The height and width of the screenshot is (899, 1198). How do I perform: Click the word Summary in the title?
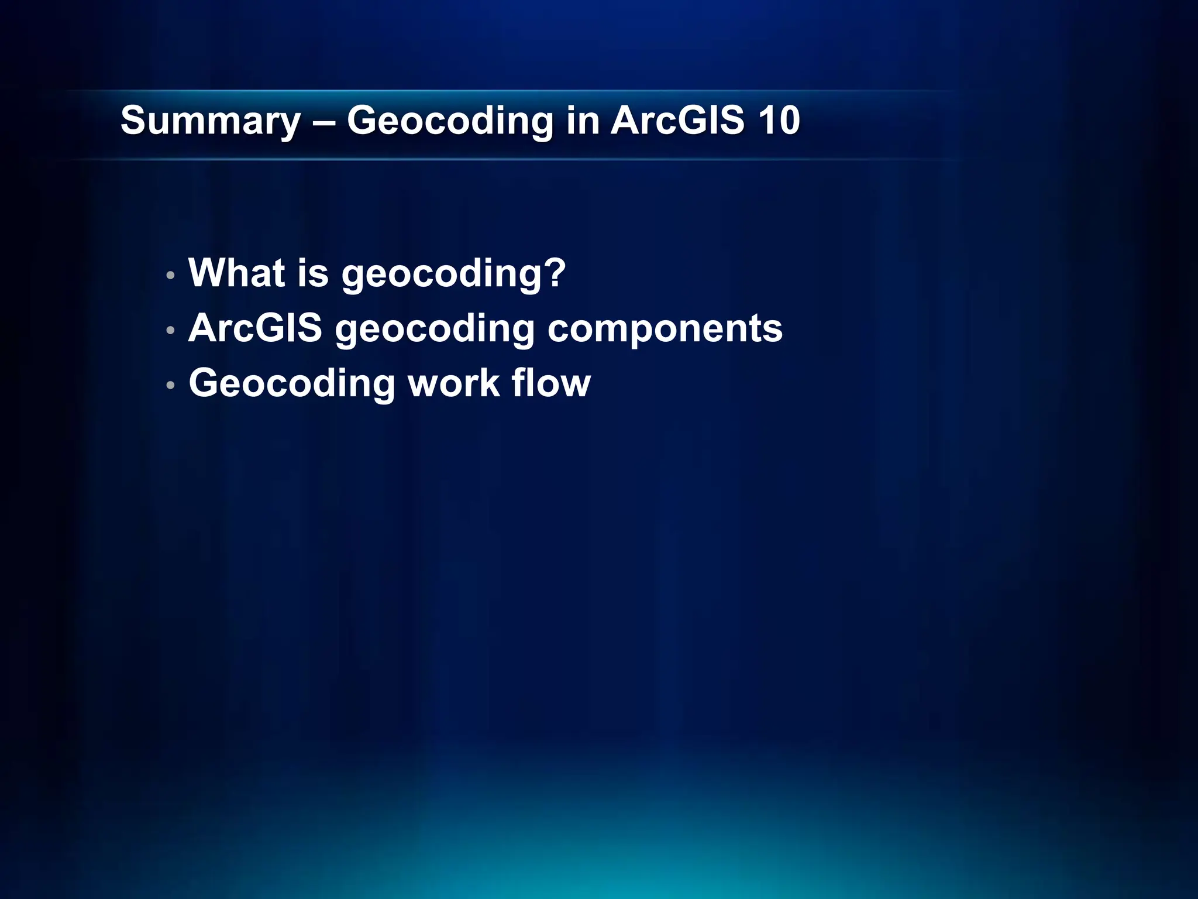[x=210, y=121]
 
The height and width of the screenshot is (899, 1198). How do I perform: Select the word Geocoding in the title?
[x=450, y=121]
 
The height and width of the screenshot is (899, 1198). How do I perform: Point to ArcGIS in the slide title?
[x=677, y=121]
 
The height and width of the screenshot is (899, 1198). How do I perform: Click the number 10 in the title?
[x=779, y=121]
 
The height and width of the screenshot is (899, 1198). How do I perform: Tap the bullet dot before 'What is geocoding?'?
[x=170, y=275]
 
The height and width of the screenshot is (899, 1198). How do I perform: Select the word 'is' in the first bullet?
[x=313, y=273]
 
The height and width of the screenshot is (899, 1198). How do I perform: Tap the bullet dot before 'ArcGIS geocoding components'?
[x=170, y=331]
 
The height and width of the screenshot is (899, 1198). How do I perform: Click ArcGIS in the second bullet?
[x=255, y=328]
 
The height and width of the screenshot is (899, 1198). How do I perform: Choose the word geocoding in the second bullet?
[x=435, y=330]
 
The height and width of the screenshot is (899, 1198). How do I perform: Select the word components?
[x=665, y=330]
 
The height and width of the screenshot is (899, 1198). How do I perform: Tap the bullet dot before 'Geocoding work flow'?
[x=170, y=385]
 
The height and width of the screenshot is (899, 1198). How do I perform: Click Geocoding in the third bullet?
[x=292, y=384]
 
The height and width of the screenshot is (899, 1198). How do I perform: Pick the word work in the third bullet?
[x=454, y=384]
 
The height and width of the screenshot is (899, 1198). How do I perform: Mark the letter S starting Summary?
[x=132, y=121]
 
